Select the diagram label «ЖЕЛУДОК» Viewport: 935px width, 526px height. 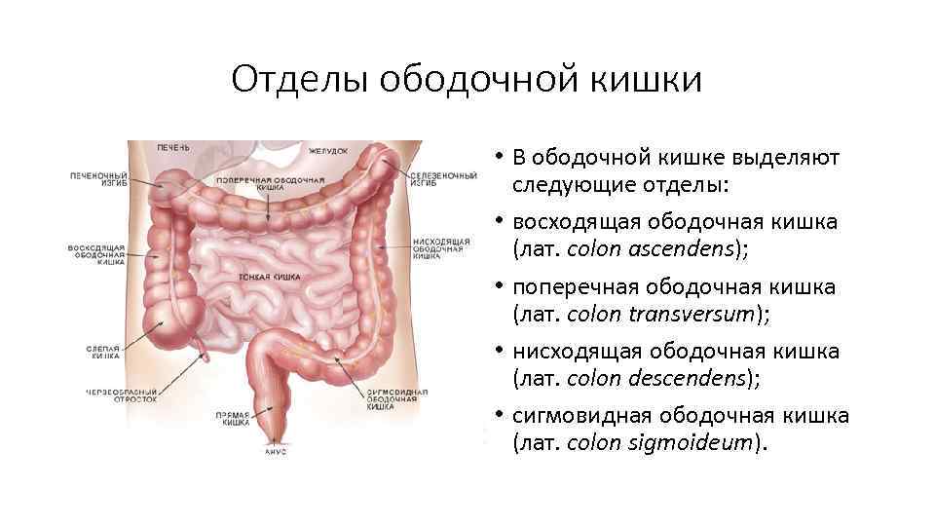(x=328, y=151)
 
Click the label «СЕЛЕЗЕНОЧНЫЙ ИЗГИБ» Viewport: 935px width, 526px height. (x=443, y=180)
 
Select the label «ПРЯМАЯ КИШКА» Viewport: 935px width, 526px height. (x=235, y=418)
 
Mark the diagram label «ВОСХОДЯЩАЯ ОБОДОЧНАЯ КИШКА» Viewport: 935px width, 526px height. (x=96, y=254)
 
